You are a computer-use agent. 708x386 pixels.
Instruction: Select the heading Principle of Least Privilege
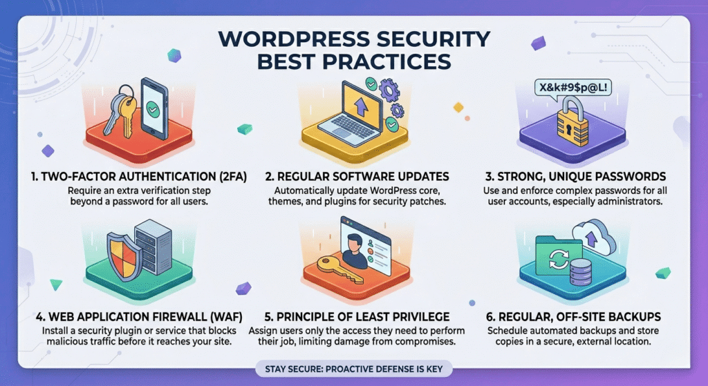click(x=353, y=317)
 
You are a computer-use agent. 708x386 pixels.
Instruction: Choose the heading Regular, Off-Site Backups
click(x=577, y=317)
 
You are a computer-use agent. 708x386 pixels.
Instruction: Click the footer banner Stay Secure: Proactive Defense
click(x=353, y=368)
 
